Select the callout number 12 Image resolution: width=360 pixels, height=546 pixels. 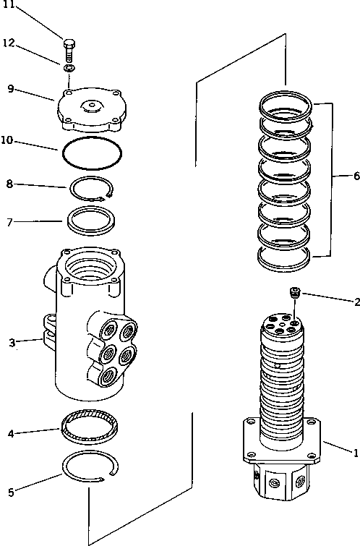coord(9,44)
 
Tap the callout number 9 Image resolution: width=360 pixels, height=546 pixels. coord(10,89)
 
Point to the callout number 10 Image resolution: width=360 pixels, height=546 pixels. coord(7,140)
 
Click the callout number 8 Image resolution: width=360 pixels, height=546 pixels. coord(9,184)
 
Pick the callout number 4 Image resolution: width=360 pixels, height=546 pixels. coord(10,434)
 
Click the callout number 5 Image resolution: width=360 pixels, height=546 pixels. coord(10,494)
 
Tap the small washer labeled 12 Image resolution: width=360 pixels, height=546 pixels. coord(69,67)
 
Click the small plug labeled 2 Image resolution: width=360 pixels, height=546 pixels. coord(293,293)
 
